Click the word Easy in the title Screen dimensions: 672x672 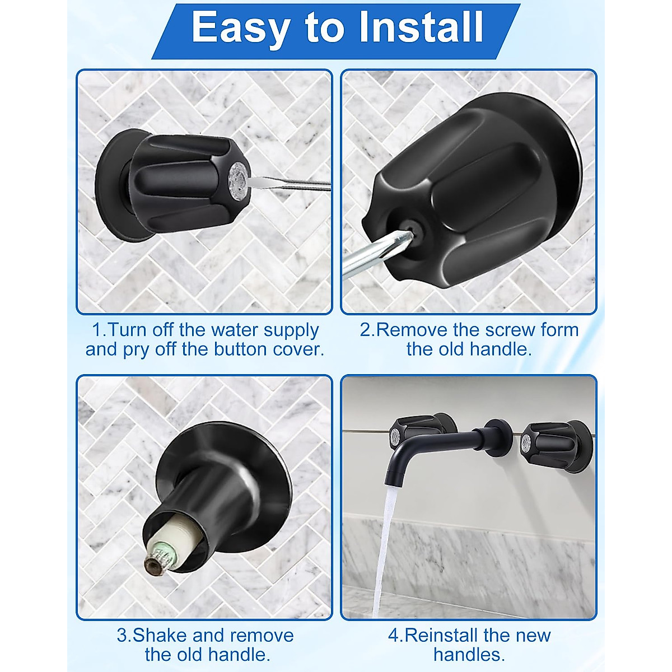241,26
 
